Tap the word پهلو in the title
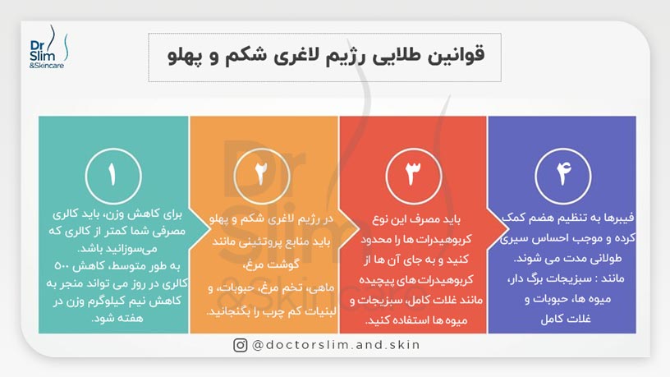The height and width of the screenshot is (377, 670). [180, 57]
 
